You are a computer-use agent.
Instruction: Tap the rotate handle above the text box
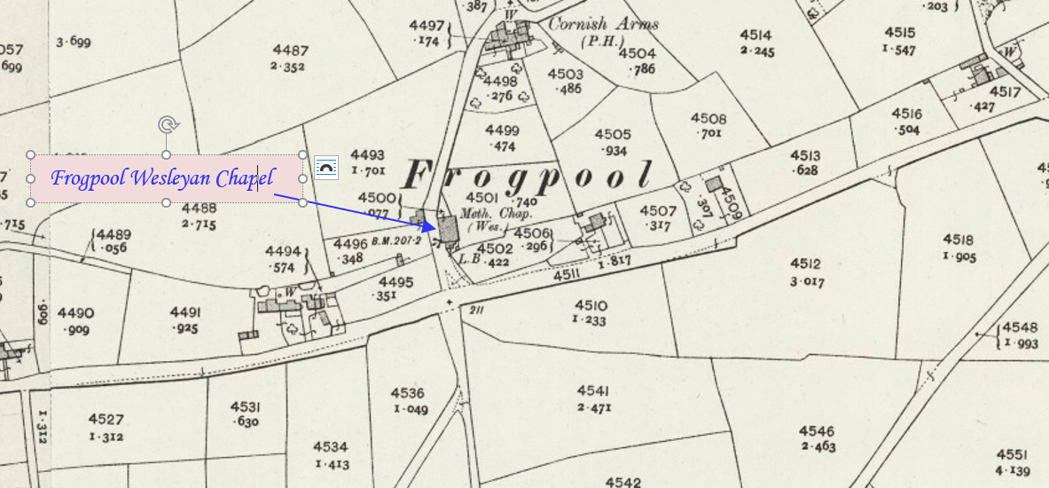pyautogui.click(x=166, y=125)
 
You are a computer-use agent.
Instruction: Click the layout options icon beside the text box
pyautogui.click(x=326, y=167)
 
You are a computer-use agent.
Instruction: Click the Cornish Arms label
pyautogui.click(x=603, y=24)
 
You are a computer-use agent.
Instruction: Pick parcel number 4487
pyautogui.click(x=291, y=50)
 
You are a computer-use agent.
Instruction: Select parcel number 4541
pyautogui.click(x=593, y=390)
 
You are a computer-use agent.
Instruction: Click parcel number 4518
pyautogui.click(x=959, y=240)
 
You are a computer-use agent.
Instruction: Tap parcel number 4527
pyautogui.click(x=106, y=420)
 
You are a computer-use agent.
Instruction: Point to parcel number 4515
pyautogui.click(x=898, y=34)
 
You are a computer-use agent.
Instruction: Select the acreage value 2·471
pyautogui.click(x=593, y=407)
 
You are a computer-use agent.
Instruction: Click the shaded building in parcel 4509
pyautogui.click(x=714, y=184)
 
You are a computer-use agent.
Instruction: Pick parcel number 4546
pyautogui.click(x=817, y=430)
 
